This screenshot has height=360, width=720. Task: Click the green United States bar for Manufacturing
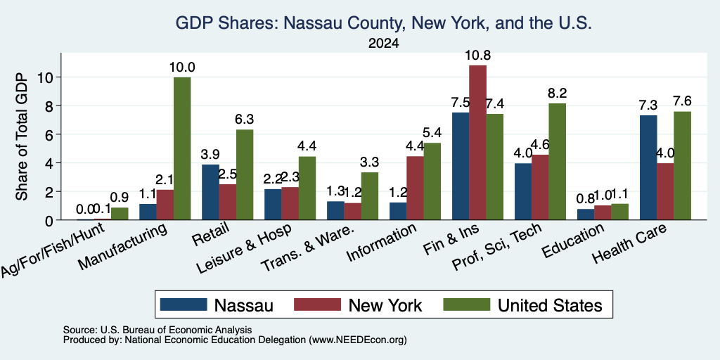coord(182,148)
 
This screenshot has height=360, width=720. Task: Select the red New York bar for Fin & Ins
coord(477,142)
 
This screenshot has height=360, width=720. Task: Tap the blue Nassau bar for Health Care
coord(648,167)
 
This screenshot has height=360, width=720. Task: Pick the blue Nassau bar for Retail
coord(210,192)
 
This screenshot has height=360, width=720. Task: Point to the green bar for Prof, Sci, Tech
coord(557,162)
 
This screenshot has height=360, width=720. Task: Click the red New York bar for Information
coord(415,188)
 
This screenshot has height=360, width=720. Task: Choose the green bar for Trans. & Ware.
coord(370,196)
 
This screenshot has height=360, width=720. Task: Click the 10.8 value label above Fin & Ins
coord(477,56)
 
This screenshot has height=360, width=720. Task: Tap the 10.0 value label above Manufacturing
coord(182,67)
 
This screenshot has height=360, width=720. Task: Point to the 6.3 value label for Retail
coord(245,120)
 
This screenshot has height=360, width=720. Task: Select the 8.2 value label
coord(558,94)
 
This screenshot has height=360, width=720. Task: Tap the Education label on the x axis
coord(573,240)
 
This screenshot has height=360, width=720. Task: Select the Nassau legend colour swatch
coord(184,304)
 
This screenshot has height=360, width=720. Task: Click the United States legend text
coord(550,305)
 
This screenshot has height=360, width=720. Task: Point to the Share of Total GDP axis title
coord(22,136)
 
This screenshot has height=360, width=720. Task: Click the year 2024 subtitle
coord(383,44)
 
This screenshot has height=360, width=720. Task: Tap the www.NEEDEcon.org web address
coord(358,340)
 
